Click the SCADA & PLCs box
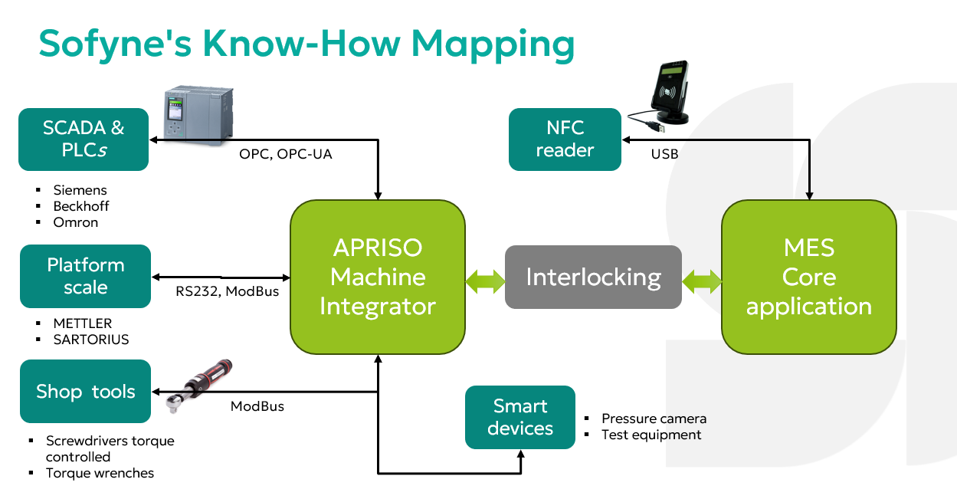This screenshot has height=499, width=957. click(x=84, y=139)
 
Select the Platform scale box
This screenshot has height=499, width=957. click(x=85, y=276)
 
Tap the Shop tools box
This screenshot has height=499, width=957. click(x=85, y=391)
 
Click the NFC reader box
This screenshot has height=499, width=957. click(x=565, y=139)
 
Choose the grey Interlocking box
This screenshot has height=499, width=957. click(x=593, y=277)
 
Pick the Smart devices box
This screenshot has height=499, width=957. click(x=519, y=417)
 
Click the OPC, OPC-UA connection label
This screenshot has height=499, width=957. click(x=285, y=154)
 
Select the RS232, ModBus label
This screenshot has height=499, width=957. click(x=227, y=291)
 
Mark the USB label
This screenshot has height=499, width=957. click(x=664, y=154)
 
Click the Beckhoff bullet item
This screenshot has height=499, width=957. click(x=80, y=206)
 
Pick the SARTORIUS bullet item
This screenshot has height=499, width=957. click(x=90, y=339)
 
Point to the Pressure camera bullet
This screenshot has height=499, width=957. click(x=654, y=419)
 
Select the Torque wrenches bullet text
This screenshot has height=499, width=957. click(x=100, y=473)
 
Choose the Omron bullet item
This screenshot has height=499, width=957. click(x=75, y=222)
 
